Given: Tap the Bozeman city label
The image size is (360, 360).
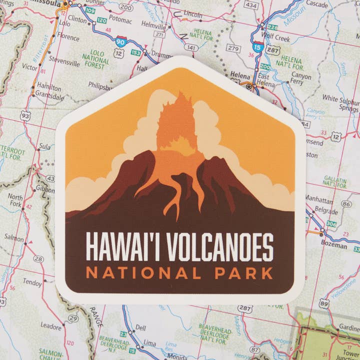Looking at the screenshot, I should [334, 246].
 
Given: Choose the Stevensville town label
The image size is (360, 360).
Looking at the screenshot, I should [64, 63].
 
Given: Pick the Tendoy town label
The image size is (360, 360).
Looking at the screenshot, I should [32, 283].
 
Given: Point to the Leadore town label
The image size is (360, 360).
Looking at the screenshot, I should [51, 325].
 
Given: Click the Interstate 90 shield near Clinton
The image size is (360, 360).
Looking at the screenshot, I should [120, 41].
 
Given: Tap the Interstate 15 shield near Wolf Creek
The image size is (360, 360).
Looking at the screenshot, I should [257, 47].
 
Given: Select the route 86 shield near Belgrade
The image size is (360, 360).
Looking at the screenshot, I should [346, 203].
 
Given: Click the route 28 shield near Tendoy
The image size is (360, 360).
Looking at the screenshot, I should [38, 259].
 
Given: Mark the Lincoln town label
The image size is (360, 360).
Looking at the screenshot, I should [193, 14].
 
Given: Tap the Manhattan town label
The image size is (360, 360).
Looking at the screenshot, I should [319, 197].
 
